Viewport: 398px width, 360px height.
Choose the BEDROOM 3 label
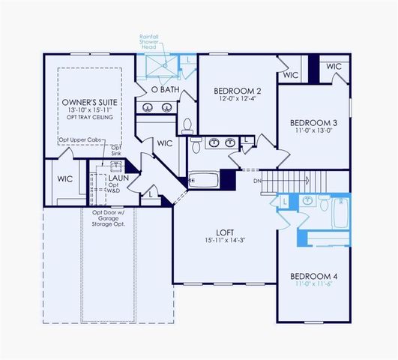click(314, 122)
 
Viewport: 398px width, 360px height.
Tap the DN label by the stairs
click(256, 181)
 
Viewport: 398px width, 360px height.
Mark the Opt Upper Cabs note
click(79, 140)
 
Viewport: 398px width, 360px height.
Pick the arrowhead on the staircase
click(309, 180)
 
